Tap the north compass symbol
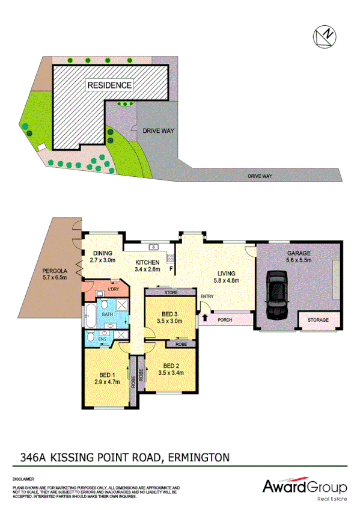pyautogui.click(x=324, y=35)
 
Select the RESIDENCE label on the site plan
pyautogui.click(x=109, y=85)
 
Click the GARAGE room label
pyautogui.click(x=298, y=254)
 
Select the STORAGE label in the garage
pyautogui.click(x=318, y=320)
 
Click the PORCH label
pyautogui.click(x=225, y=320)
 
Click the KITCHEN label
pyautogui.click(x=147, y=262)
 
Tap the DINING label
pyautogui.click(x=102, y=253)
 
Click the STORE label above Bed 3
pyautogui.click(x=171, y=293)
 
